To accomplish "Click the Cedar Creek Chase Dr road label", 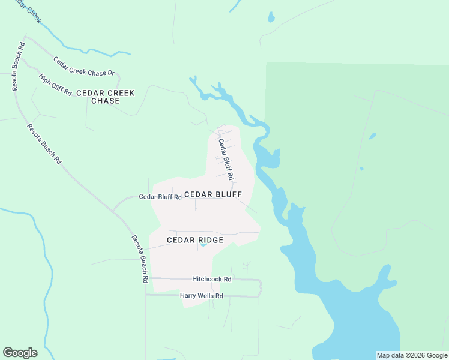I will click(x=83, y=67).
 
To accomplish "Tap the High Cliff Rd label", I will click(x=55, y=85).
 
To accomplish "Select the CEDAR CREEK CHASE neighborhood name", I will click(x=113, y=97).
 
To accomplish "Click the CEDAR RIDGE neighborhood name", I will click(x=195, y=240).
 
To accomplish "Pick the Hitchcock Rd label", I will click(x=212, y=280).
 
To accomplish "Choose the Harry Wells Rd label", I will click(x=202, y=296).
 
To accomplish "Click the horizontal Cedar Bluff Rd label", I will click(x=160, y=197).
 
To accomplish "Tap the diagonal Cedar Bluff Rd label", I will click(x=225, y=160).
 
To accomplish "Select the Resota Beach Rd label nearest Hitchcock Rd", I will click(x=139, y=259).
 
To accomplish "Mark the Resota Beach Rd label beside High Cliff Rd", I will click(x=18, y=67).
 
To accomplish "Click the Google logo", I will click(x=20, y=353).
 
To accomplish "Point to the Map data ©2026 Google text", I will click(x=412, y=355).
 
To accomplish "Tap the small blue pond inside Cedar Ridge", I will click(x=203, y=244).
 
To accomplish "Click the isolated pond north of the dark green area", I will click(x=271, y=17).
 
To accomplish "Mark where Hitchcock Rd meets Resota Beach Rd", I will click(x=145, y=279).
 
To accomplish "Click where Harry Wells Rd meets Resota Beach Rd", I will click(x=145, y=295).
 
